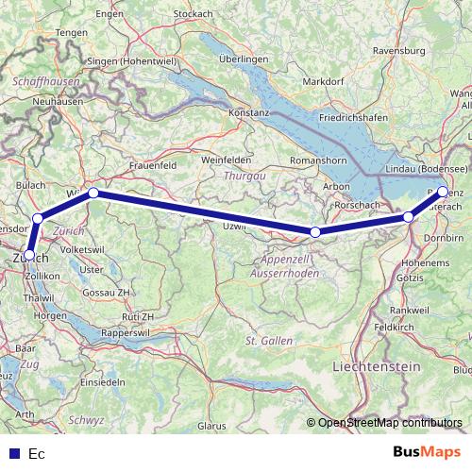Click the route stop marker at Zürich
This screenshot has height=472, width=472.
29,254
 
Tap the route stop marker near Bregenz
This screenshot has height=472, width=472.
444,192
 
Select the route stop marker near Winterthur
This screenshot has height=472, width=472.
93,193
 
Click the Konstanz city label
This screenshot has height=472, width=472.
248,112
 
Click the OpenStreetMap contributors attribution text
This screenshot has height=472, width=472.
389,423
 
